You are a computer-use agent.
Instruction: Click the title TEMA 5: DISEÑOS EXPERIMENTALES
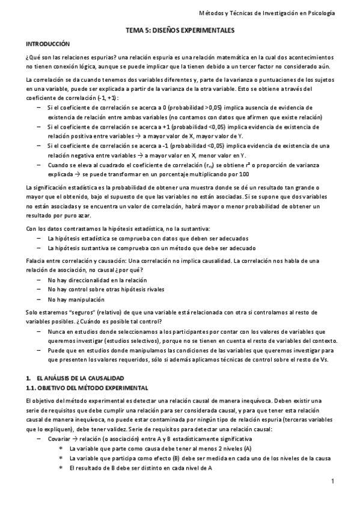[180, 29]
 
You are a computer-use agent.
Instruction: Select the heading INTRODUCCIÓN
[48, 45]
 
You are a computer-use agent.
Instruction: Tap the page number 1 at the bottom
[332, 481]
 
